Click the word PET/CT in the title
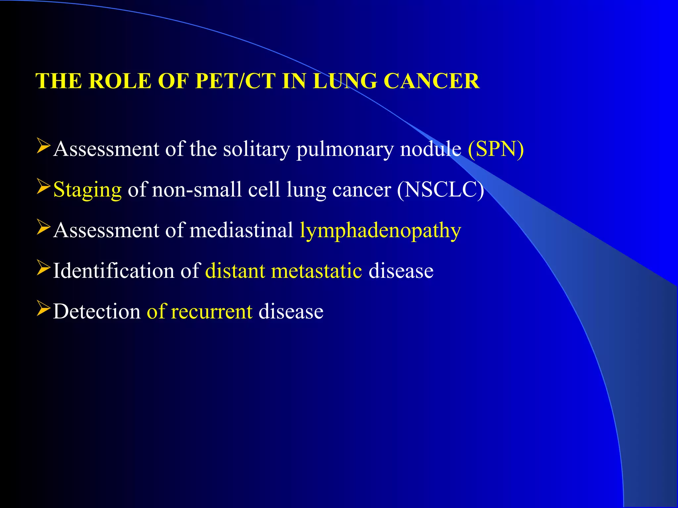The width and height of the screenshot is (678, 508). point(235,81)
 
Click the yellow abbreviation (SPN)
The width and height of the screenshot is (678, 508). point(496,149)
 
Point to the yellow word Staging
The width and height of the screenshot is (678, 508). point(87,190)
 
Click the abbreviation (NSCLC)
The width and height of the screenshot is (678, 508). point(440,190)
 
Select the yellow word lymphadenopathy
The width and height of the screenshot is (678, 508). point(380,231)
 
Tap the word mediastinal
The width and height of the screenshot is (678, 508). point(241,230)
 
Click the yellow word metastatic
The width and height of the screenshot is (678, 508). point(316,271)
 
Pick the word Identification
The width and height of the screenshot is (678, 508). point(114,271)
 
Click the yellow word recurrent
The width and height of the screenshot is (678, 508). point(212,312)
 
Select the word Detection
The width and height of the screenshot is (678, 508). point(97,312)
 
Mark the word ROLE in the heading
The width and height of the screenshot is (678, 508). point(120,81)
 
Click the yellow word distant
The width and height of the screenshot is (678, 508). point(235,271)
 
